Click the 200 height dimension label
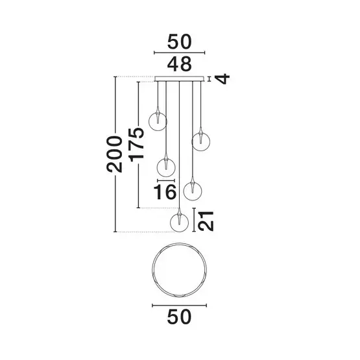[114, 154]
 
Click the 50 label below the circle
[180, 317]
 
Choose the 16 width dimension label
[165, 192]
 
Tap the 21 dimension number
[206, 221]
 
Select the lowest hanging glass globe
[179, 222]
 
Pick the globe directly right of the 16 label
[191, 190]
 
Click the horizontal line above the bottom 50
[180, 304]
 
